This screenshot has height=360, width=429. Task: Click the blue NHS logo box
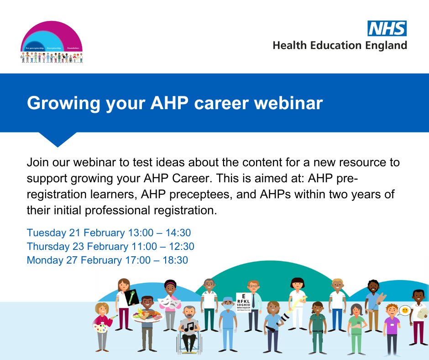point(387,28)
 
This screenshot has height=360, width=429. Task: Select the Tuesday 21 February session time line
point(109,233)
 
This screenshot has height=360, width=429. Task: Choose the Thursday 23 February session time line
point(110,247)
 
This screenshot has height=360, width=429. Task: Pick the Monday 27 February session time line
point(107,260)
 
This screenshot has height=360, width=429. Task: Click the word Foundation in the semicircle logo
point(73,48)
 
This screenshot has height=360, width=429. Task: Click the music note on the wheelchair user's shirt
point(189,326)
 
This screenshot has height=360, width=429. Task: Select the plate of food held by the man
point(146,316)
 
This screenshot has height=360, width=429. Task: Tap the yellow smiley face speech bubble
point(403,311)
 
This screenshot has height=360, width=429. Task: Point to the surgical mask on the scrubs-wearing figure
point(227,305)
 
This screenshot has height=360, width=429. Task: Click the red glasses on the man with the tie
point(253,287)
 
